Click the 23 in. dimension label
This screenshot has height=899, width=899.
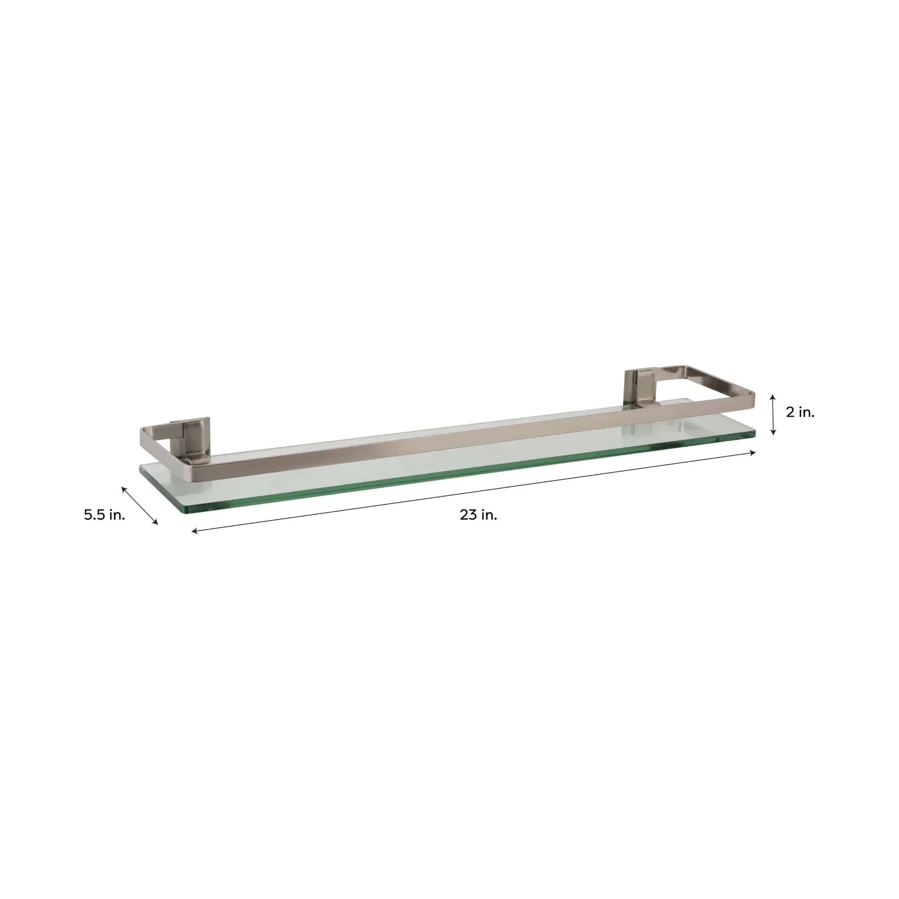click(478, 515)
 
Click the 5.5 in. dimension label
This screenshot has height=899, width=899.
click(105, 515)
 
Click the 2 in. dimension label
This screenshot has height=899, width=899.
click(801, 412)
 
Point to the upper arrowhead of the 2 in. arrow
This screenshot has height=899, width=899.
click(773, 396)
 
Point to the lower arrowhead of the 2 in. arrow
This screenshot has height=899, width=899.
click(773, 434)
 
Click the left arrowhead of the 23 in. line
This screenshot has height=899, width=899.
click(194, 531)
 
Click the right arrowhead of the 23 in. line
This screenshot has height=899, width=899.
click(754, 452)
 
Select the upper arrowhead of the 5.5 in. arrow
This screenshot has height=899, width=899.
click(123, 487)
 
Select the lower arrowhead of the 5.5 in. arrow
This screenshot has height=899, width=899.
click(157, 523)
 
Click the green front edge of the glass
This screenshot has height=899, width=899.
click(465, 476)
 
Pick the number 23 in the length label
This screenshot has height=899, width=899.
click(468, 515)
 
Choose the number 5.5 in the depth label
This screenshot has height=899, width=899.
click(95, 515)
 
